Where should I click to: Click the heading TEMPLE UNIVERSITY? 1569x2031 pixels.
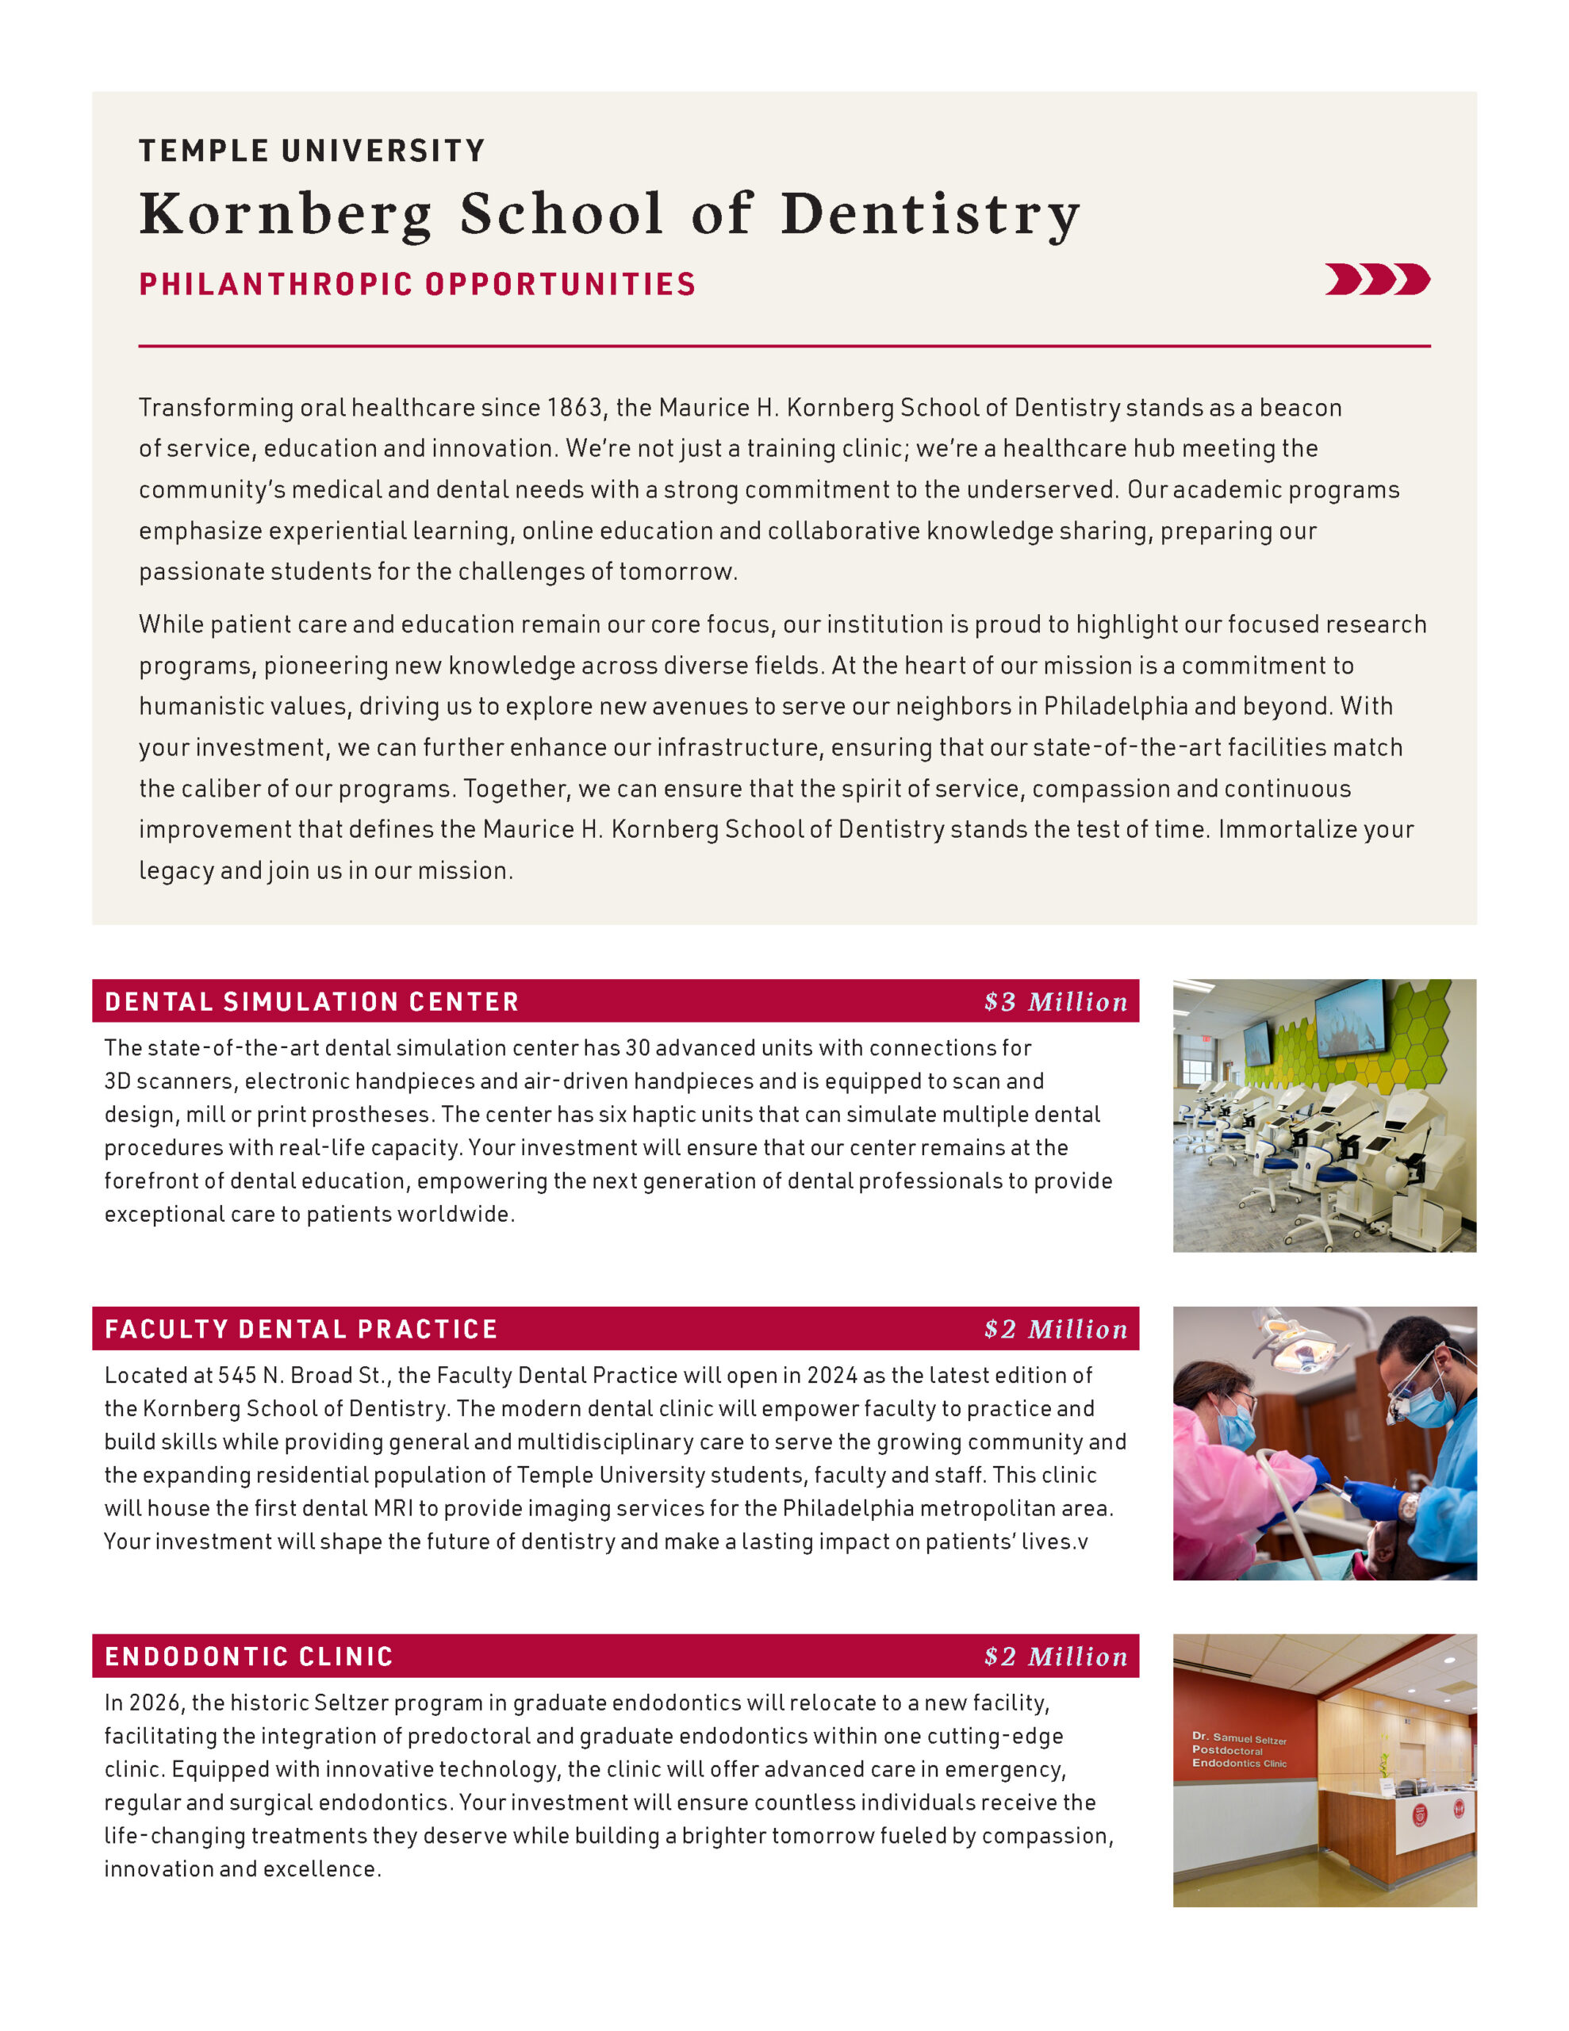coord(312,151)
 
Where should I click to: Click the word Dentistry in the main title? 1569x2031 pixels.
coord(930,214)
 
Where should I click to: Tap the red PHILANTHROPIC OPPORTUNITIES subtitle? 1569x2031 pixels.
coord(416,284)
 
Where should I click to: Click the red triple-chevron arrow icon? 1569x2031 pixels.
coord(1376,279)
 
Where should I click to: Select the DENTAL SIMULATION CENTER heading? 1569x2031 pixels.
coord(312,1001)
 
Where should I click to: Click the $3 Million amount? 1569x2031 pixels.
coord(1056,1001)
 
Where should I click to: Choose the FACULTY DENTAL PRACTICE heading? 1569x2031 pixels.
coord(301,1329)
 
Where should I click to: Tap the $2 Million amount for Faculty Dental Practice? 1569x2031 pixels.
coord(1056,1329)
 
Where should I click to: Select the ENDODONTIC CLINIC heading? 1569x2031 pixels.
coord(249,1657)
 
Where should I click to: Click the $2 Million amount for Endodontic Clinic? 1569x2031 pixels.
coord(1056,1657)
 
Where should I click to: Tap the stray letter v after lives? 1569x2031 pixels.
coord(1082,1541)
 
